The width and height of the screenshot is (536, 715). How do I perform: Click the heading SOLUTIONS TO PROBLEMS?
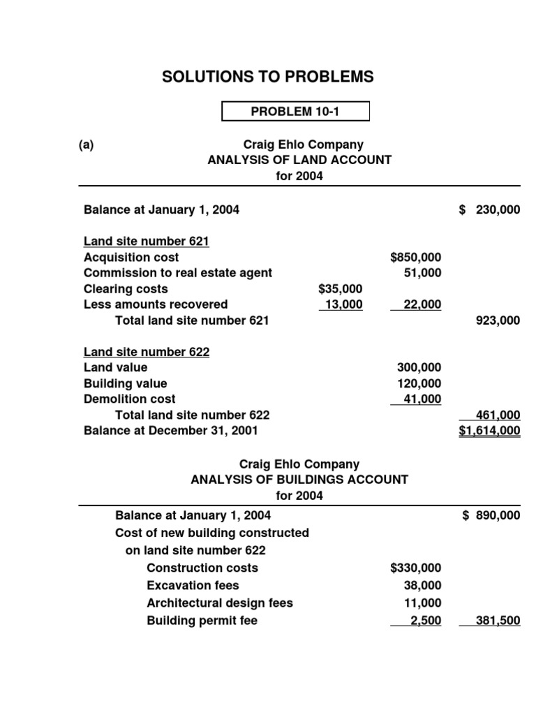(x=267, y=77)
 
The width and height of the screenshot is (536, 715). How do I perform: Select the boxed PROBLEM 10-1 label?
(x=295, y=111)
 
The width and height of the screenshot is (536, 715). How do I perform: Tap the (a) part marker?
(x=86, y=145)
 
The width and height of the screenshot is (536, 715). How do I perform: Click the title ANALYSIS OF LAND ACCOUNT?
(x=299, y=160)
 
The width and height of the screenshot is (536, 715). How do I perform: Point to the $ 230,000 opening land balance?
(x=490, y=209)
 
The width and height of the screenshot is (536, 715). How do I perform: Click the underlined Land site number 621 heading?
(x=147, y=242)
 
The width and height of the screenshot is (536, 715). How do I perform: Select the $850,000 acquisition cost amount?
(x=416, y=258)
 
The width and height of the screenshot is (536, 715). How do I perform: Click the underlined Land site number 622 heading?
(x=147, y=352)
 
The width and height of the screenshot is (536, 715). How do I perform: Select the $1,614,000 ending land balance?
(x=489, y=431)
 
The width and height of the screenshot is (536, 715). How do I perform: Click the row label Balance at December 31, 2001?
(x=170, y=431)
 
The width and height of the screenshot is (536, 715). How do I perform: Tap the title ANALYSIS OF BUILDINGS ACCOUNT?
(x=299, y=480)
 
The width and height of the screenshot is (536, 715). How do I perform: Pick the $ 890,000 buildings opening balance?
(x=491, y=516)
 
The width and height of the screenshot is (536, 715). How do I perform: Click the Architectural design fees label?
(x=220, y=603)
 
